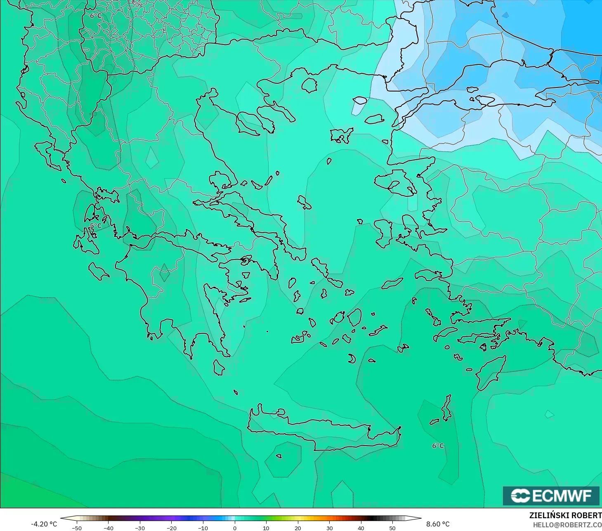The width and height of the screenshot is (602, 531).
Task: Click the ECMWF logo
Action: click(551, 496)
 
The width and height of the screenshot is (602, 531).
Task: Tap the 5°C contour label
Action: click(95, 226)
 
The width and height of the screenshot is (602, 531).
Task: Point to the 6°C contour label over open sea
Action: click(438, 446)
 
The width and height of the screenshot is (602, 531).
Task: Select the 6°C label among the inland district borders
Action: click(96, 16)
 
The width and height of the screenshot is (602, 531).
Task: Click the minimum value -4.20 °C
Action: click(44, 524)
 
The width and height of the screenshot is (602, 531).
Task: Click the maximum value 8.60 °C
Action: click(438, 524)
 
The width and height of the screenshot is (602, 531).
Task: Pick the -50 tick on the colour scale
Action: click(76, 528)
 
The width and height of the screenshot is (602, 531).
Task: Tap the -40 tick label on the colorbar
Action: click(108, 528)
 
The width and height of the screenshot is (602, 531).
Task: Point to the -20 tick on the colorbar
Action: click(171, 528)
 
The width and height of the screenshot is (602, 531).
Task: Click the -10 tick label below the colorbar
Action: click(203, 528)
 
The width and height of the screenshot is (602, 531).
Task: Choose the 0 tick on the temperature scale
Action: click(234, 528)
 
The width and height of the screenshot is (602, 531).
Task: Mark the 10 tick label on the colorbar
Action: click(266, 528)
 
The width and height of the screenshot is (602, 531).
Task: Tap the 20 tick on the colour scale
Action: click(297, 528)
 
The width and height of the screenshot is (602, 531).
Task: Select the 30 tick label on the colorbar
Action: click(329, 528)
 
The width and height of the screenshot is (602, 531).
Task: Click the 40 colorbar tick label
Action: click(361, 528)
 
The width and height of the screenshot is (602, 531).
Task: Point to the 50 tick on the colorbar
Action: click(392, 528)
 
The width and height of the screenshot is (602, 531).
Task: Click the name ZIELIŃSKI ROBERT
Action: click(565, 516)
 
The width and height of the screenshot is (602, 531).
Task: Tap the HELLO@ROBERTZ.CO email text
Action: click(567, 525)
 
